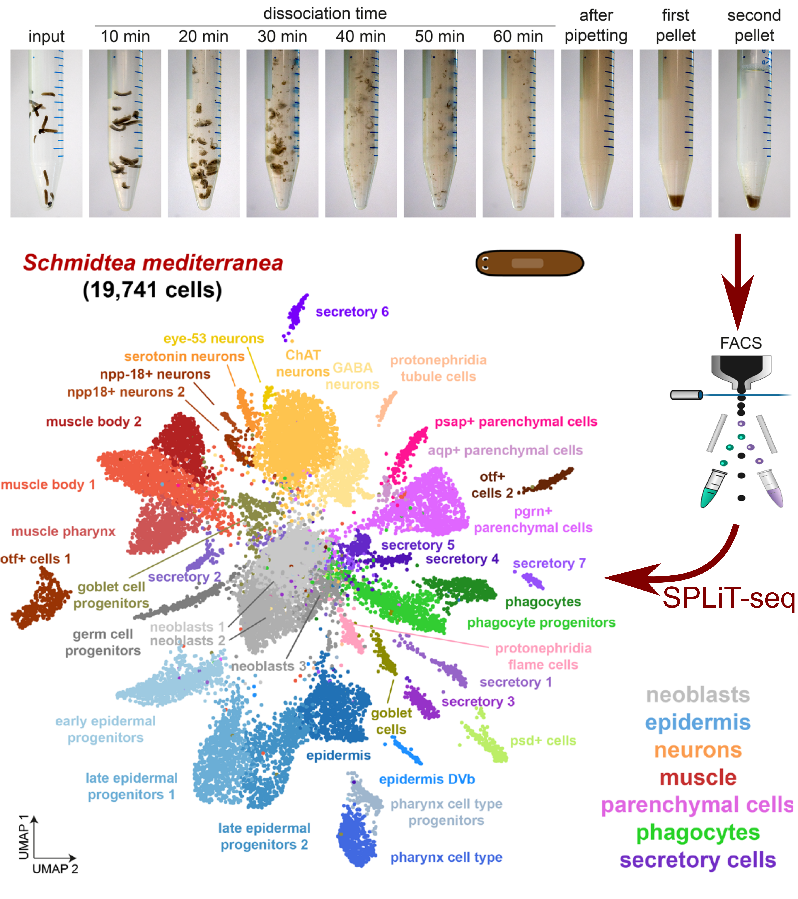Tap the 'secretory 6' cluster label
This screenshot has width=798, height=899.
click(352, 312)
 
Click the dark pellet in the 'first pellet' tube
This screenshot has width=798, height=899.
click(675, 201)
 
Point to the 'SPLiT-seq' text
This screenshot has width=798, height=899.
click(728, 598)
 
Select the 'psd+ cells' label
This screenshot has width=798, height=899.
click(543, 741)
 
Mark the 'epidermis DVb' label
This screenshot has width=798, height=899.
click(427, 779)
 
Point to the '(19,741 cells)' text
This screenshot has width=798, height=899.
click(152, 290)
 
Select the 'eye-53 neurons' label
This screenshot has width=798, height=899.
click(214, 339)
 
